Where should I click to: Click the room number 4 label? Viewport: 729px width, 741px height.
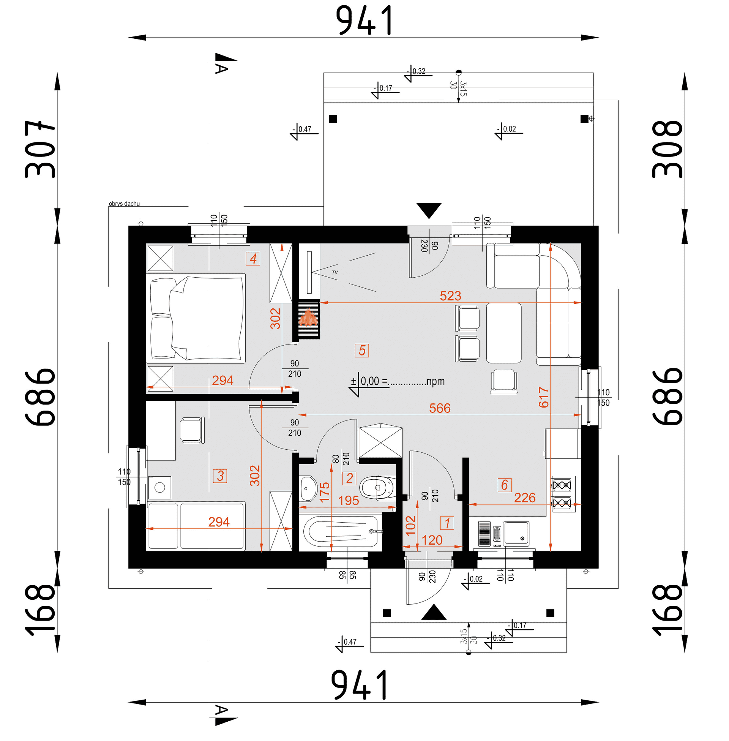[x=253, y=259]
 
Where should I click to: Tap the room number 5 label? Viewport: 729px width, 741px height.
[x=362, y=351]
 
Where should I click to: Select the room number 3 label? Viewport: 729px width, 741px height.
[x=220, y=476]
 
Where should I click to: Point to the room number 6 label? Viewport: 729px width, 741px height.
[x=505, y=485]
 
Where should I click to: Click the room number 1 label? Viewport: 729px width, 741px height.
[x=447, y=523]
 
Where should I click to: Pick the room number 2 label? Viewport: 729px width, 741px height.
[x=349, y=478]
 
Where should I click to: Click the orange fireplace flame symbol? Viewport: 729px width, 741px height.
[x=308, y=318]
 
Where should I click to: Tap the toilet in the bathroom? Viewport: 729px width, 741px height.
[x=377, y=488]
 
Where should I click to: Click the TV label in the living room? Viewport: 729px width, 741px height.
[x=335, y=273]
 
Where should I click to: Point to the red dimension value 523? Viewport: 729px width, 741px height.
[x=450, y=296]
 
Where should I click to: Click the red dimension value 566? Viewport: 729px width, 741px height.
[x=440, y=408]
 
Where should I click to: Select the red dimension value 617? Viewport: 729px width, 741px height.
[x=544, y=397]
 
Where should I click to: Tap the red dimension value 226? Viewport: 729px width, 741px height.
[x=525, y=498]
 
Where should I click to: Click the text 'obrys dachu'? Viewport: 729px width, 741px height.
[x=124, y=204]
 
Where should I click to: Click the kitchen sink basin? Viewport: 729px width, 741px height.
[x=516, y=533]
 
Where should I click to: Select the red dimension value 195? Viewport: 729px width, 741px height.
[x=349, y=501]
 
